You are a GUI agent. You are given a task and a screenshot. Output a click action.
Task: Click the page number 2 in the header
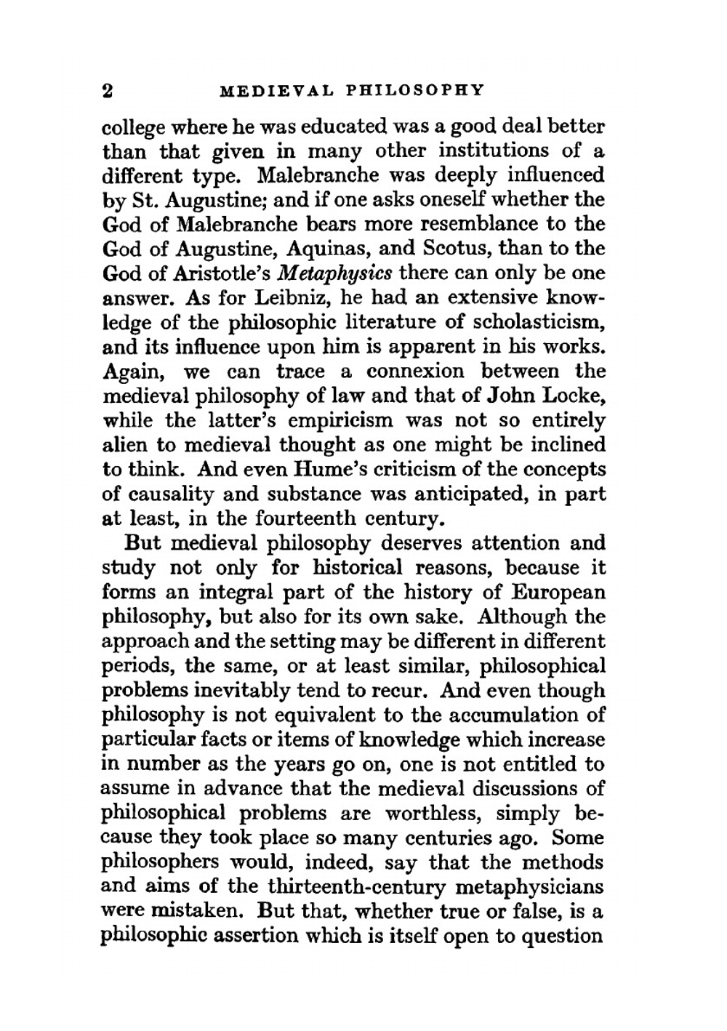pos(109,91)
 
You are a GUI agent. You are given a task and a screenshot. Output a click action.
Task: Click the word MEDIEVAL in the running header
pos(276,91)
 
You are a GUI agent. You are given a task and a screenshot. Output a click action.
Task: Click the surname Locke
pos(574,396)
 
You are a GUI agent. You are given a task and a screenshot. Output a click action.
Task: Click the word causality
pos(172,494)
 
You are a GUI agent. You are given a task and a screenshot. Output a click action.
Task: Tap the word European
pos(558,593)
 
